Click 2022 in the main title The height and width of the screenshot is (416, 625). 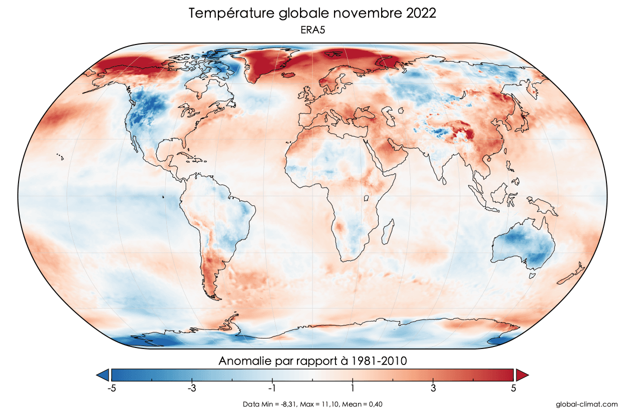pyautogui.click(x=418, y=13)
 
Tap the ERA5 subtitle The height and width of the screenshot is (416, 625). pyautogui.click(x=312, y=30)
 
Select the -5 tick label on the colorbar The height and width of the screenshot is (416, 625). pyautogui.click(x=111, y=388)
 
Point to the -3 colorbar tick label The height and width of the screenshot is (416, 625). pyautogui.click(x=191, y=388)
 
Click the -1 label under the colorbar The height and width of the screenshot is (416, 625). pyautogui.click(x=271, y=388)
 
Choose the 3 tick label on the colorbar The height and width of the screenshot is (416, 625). pyautogui.click(x=433, y=388)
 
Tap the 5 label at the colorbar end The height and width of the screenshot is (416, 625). pyautogui.click(x=514, y=388)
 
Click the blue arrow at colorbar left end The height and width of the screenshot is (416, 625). pyautogui.click(x=103, y=374)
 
